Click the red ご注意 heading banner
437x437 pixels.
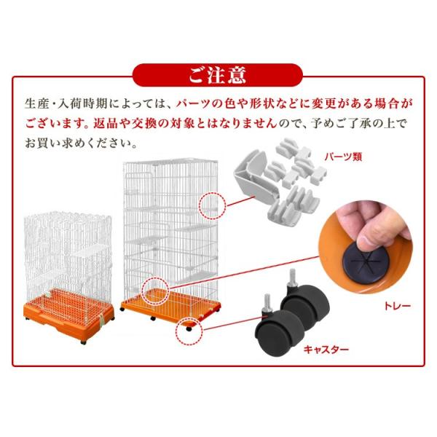click(218, 75)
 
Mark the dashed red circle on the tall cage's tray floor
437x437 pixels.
click(157, 291)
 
